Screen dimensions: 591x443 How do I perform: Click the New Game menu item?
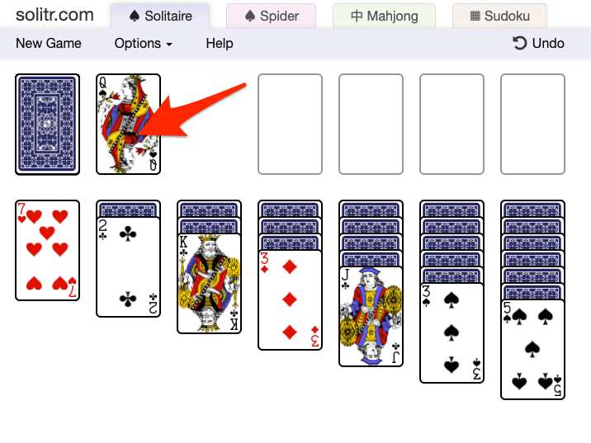(x=48, y=44)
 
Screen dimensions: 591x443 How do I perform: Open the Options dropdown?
(x=144, y=44)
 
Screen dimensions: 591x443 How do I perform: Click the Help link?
(x=220, y=44)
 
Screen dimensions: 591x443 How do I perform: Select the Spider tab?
(x=271, y=16)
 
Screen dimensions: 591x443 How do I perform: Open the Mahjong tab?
(x=384, y=16)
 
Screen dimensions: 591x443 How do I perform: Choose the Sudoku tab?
(x=499, y=16)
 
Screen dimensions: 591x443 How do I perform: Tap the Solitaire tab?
(x=160, y=16)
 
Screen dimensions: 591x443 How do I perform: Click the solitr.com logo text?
(x=54, y=15)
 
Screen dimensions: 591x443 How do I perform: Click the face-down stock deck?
(x=48, y=125)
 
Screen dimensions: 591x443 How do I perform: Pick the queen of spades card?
(x=128, y=125)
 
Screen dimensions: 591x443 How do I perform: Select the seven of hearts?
(x=48, y=251)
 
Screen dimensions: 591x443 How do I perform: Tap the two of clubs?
(x=128, y=266)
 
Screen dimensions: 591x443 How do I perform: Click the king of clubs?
(x=209, y=283)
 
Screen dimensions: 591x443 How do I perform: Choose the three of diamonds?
(x=290, y=299)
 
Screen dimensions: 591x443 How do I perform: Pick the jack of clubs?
(x=371, y=317)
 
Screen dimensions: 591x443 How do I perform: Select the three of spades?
(x=452, y=333)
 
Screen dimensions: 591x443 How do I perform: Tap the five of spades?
(x=532, y=350)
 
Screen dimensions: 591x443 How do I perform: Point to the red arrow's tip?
(x=137, y=134)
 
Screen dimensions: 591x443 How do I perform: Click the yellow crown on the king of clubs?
(x=209, y=239)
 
